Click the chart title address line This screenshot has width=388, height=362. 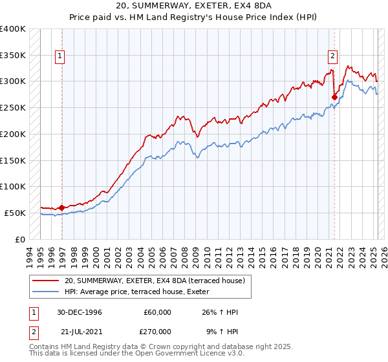click(x=193, y=6)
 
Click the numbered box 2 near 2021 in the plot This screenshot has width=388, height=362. click(x=332, y=56)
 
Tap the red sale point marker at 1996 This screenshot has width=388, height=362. click(x=61, y=208)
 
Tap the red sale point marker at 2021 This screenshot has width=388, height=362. click(x=334, y=98)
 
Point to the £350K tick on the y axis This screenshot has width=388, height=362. click(x=13, y=56)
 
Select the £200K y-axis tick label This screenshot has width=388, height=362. click(x=13, y=134)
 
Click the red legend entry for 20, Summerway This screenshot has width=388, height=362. click(x=154, y=281)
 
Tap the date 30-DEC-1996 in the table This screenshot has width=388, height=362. click(x=80, y=312)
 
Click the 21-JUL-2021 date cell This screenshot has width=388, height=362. click(x=80, y=330)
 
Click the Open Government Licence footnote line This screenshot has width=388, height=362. click(x=129, y=354)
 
